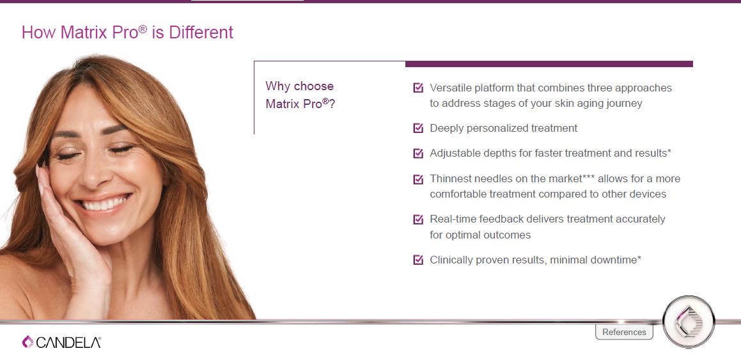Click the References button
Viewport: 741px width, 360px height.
(x=624, y=332)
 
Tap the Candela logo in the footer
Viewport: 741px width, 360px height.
(x=61, y=342)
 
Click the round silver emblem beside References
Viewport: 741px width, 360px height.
(x=689, y=322)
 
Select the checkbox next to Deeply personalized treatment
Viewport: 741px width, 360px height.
(x=418, y=128)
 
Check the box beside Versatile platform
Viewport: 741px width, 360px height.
(x=418, y=88)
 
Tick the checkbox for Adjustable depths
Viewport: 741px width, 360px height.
(x=418, y=153)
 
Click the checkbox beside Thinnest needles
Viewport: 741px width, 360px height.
(x=418, y=179)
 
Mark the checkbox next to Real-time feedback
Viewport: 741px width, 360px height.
(x=418, y=219)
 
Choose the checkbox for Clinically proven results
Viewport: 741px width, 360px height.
(x=418, y=260)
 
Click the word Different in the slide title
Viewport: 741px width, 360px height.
(x=201, y=32)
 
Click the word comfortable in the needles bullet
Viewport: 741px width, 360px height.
(x=458, y=194)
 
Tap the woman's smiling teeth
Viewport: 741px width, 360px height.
(x=105, y=203)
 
